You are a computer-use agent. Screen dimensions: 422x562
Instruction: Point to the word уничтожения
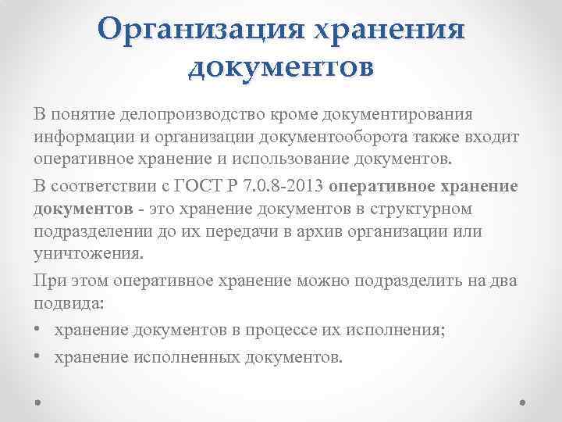[x=87, y=255]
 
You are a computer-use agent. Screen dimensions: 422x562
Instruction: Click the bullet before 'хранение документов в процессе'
[x=38, y=331]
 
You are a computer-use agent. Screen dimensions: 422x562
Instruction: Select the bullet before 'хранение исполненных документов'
[x=38, y=357]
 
